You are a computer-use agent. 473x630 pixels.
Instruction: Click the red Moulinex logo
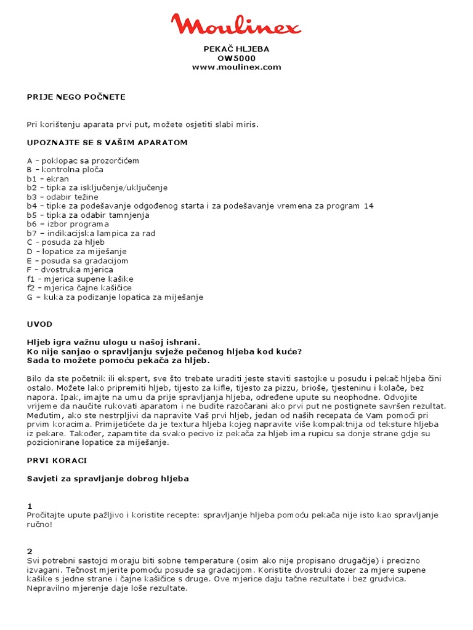(236, 25)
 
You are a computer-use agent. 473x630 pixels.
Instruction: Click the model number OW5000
(236, 58)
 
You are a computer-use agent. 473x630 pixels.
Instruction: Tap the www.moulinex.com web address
(236, 67)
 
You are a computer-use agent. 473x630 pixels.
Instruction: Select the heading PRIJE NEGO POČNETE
(76, 97)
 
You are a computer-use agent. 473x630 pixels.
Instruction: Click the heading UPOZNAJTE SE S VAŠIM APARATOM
(107, 142)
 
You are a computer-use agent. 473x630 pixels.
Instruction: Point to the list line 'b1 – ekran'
(47, 178)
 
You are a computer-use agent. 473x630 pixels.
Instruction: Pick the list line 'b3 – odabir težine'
(62, 197)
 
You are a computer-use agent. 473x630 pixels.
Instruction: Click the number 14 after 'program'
(368, 206)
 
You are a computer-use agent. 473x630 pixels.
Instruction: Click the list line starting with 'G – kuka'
(115, 297)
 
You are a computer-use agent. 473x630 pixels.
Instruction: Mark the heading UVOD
(39, 324)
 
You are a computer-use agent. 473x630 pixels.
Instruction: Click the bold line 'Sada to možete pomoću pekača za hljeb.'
(118, 361)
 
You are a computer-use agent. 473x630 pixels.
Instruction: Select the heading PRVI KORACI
(57, 460)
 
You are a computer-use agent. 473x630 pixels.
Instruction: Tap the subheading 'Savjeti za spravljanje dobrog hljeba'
(108, 478)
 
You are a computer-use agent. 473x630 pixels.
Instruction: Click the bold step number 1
(30, 506)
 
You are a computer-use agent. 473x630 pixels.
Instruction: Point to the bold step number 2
(30, 551)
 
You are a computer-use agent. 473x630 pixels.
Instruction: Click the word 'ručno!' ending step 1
(40, 524)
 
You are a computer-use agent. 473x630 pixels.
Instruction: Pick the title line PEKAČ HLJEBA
(236, 49)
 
